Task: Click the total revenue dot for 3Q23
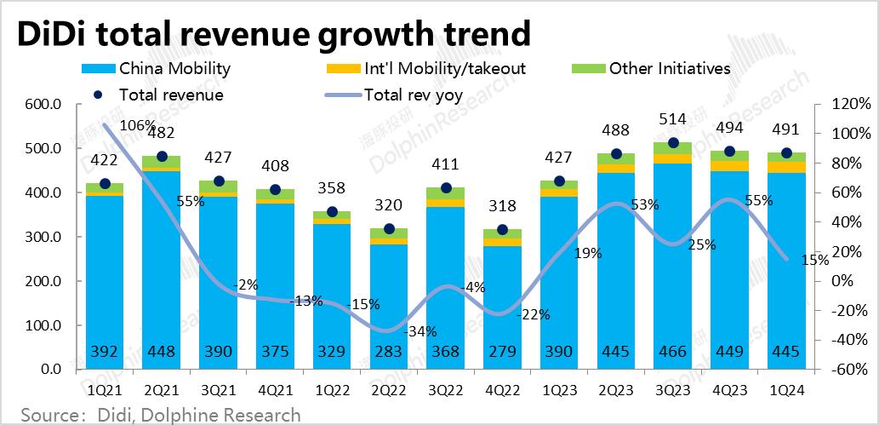674,143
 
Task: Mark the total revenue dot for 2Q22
389,228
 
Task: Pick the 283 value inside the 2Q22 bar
389,352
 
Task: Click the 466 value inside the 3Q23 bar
674,352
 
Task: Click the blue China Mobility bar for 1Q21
105,273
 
